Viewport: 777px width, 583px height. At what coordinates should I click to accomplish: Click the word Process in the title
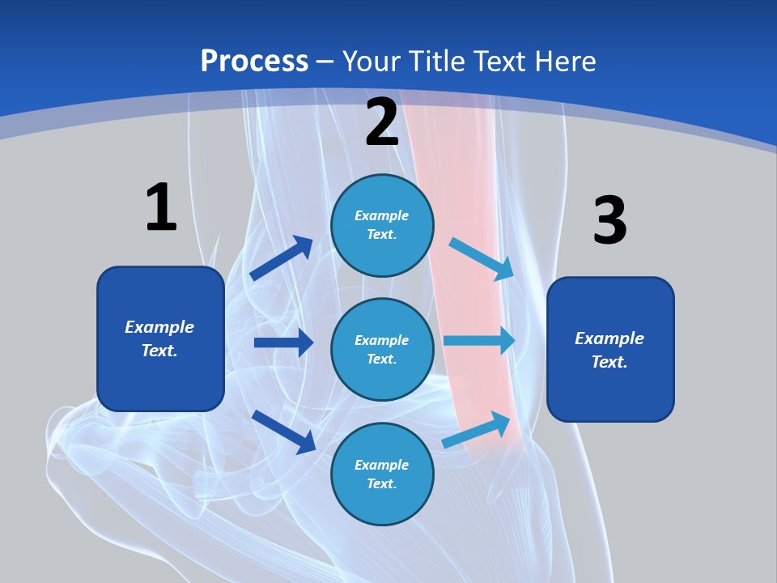point(254,62)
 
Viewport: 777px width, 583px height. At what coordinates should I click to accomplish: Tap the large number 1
point(161,207)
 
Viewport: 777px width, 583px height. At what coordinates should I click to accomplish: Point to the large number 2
point(382,122)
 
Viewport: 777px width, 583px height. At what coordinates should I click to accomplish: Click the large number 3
point(609,220)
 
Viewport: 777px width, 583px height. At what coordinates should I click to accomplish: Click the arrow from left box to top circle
point(281,258)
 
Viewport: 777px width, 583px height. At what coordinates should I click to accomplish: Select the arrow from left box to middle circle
point(283,343)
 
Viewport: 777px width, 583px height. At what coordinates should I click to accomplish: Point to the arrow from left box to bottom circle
point(283,431)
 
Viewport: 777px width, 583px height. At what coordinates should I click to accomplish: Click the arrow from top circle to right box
point(482,258)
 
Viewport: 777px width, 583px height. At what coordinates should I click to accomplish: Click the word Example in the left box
point(159,327)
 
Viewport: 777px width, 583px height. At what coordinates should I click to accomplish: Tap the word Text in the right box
point(608,362)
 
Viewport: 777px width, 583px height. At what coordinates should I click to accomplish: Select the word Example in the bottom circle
point(381,465)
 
